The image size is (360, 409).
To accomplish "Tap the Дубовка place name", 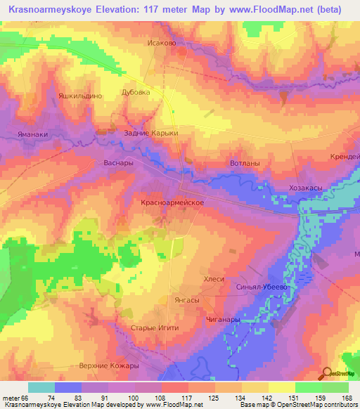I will click(136, 92).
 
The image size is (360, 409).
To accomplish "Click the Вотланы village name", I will click(245, 163).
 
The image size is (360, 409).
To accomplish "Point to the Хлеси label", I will click(214, 279).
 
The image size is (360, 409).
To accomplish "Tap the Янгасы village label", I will click(186, 299).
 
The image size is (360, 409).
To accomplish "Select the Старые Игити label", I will click(155, 328).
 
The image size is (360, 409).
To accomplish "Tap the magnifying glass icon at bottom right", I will click(328, 373).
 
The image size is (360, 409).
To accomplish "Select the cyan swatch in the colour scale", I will click(41, 387).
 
